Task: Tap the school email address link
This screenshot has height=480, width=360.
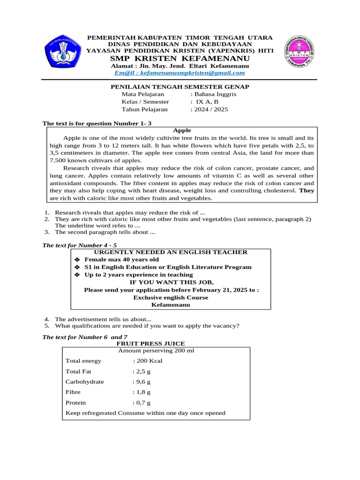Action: tap(180, 73)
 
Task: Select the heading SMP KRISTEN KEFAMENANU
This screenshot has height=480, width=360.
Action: tap(180, 58)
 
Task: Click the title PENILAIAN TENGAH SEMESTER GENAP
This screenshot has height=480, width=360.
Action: tap(180, 87)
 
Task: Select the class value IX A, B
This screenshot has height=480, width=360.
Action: tap(207, 102)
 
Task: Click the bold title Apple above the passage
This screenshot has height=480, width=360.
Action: tap(182, 130)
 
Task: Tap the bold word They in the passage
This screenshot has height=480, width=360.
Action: tap(307, 191)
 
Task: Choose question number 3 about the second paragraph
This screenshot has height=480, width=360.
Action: tap(105, 232)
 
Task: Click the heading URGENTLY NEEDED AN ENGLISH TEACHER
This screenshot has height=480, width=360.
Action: tap(171, 252)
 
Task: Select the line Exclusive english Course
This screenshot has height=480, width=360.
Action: tap(171, 297)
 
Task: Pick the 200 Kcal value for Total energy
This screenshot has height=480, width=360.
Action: tap(149, 361)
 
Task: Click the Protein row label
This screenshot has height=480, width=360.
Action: tap(75, 403)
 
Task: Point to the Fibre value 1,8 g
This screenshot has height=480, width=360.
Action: tap(142, 392)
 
